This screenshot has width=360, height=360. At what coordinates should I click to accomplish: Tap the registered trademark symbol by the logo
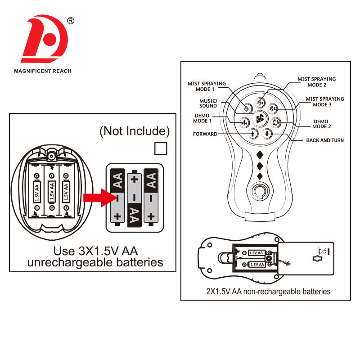pyautogui.click(x=71, y=21)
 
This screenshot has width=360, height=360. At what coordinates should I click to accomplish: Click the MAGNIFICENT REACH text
pyautogui.click(x=43, y=71)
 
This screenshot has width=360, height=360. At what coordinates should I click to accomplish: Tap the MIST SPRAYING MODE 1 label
pyautogui.click(x=207, y=86)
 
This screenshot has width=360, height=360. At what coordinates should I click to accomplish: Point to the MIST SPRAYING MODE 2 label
pyautogui.click(x=316, y=82)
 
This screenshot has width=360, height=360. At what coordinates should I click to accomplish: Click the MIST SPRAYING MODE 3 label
pyautogui.click(x=324, y=102)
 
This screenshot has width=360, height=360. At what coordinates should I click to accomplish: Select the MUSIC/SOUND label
pyautogui.click(x=208, y=103)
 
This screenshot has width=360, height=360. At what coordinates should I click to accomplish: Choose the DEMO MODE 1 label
pyautogui.click(x=202, y=118)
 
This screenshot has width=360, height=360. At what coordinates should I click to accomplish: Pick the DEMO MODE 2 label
pyautogui.click(x=321, y=123)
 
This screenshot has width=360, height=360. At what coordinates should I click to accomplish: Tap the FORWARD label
pyautogui.click(x=205, y=134)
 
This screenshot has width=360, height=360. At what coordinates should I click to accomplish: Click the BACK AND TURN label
pyautogui.click(x=325, y=140)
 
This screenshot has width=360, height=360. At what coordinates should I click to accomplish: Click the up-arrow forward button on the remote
pyautogui.click(x=253, y=134)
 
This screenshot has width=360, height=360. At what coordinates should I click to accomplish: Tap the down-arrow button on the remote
pyautogui.click(x=267, y=134)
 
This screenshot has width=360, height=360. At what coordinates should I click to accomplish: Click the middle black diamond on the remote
pyautogui.click(x=260, y=165)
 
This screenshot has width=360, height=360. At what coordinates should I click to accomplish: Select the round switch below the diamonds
pyautogui.click(x=260, y=192)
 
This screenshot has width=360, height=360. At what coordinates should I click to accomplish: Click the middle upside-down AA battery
pyautogui.click(x=134, y=199)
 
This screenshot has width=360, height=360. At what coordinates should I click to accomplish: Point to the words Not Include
pyautogui.click(x=135, y=131)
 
